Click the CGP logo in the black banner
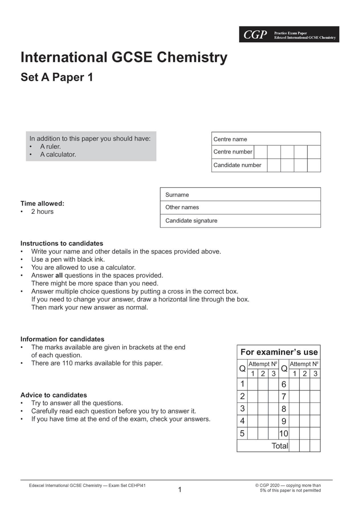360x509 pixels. (255, 35)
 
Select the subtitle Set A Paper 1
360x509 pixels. (57, 77)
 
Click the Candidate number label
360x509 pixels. (237, 165)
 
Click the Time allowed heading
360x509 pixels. (42, 204)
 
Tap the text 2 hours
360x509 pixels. (42, 212)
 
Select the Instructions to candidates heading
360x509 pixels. (62, 243)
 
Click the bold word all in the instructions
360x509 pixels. (59, 275)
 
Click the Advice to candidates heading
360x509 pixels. (54, 395)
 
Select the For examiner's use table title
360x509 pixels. (279, 352)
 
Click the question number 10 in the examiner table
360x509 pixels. (284, 434)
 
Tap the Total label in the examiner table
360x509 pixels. (280, 446)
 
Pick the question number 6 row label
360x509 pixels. (284, 384)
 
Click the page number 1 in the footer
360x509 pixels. (180, 490)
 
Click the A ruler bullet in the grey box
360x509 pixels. (50, 147)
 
